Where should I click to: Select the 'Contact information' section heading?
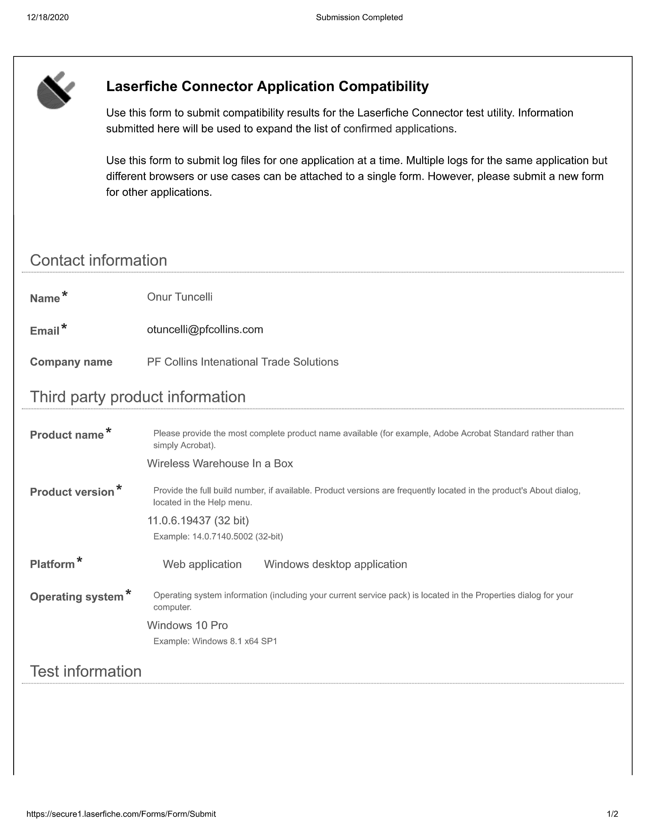point(99,260)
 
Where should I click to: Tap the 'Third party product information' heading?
point(138,397)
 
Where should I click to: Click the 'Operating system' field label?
point(76,596)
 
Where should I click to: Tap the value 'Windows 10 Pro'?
point(187,625)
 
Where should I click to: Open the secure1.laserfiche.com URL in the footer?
point(121,814)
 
